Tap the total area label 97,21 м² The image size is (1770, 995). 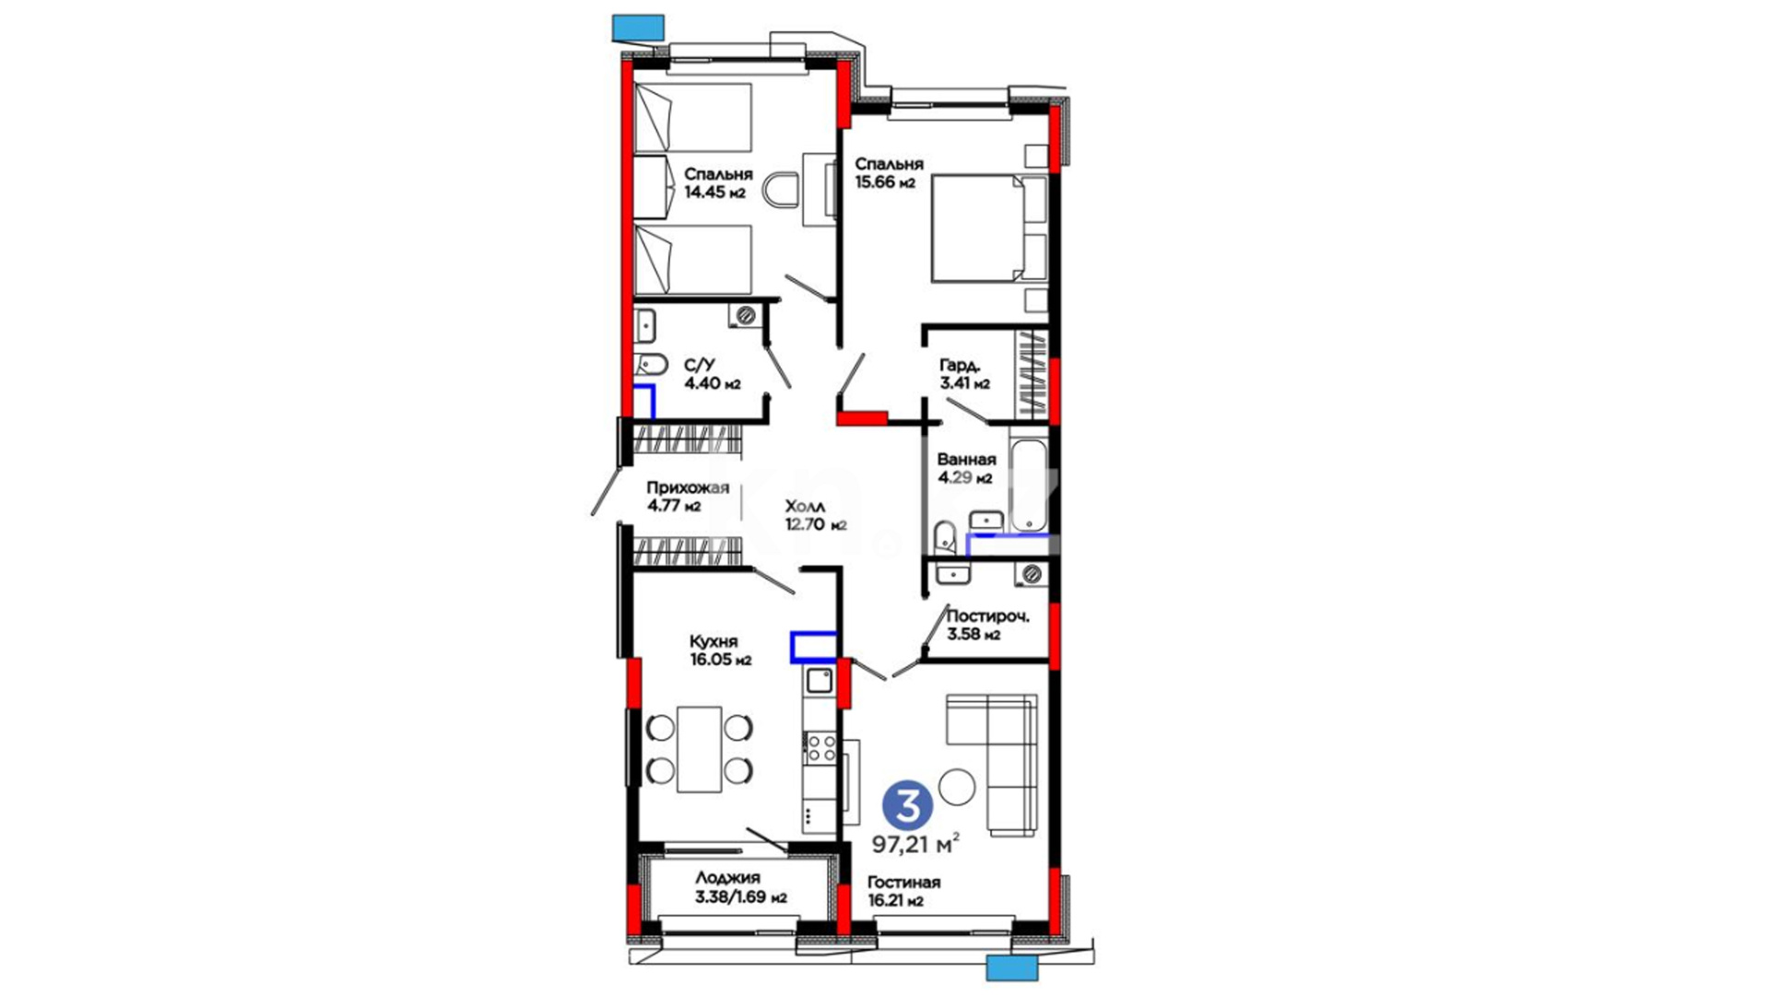pyautogui.click(x=917, y=843)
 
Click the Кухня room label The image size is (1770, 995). pyautogui.click(x=714, y=641)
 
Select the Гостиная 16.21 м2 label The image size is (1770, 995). pyautogui.click(x=903, y=891)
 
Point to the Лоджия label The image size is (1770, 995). pyautogui.click(x=727, y=878)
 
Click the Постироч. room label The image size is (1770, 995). pyautogui.click(x=987, y=616)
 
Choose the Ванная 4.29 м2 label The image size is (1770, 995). pyautogui.click(x=966, y=468)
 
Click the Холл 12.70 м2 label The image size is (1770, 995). pyautogui.click(x=815, y=516)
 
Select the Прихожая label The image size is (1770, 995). pyautogui.click(x=688, y=488)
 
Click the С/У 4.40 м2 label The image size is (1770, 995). pyautogui.click(x=712, y=374)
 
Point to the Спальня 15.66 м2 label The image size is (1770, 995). pyautogui.click(x=889, y=172)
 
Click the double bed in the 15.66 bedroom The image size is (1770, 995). pyautogui.click(x=989, y=228)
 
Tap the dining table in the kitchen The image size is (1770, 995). pyautogui.click(x=700, y=749)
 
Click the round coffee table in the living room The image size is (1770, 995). pyautogui.click(x=958, y=787)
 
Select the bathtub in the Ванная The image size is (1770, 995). pyautogui.click(x=1028, y=486)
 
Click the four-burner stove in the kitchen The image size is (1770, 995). pyautogui.click(x=820, y=747)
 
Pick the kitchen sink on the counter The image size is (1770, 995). pyautogui.click(x=820, y=681)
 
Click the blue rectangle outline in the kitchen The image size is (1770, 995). pyautogui.click(x=813, y=647)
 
